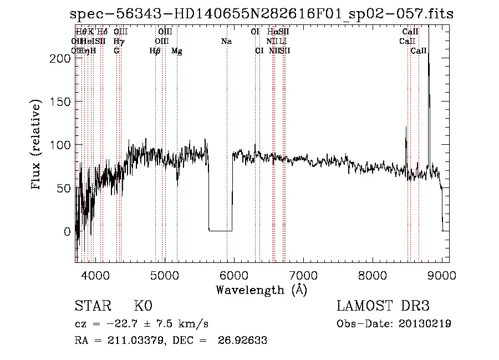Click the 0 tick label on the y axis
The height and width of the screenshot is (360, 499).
click(67, 231)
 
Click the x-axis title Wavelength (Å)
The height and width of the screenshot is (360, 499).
click(261, 290)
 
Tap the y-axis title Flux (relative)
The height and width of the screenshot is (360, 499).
click(37, 145)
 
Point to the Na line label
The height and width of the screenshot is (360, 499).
click(226, 42)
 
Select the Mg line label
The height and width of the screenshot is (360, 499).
click(176, 51)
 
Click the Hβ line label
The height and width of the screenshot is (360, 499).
click(155, 51)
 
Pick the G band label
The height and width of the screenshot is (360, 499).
click(116, 51)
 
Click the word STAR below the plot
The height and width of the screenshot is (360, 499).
click(92, 306)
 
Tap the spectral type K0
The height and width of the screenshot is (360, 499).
click(142, 306)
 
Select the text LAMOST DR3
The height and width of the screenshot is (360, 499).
click(383, 306)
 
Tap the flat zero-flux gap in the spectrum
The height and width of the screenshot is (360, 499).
click(220, 230)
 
